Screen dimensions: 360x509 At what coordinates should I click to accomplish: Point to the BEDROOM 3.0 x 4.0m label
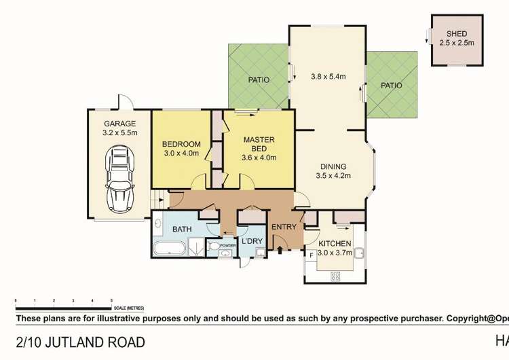point(181,148)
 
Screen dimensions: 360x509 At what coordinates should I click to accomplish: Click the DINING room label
point(333,171)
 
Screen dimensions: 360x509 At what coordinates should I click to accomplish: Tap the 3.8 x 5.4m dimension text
point(328,77)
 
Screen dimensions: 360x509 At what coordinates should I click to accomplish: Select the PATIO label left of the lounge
point(258,80)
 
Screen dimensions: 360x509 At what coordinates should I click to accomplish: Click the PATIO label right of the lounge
point(391,86)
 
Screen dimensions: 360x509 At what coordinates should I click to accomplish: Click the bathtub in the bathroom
point(168,249)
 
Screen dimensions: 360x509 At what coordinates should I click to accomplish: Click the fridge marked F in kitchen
point(312,255)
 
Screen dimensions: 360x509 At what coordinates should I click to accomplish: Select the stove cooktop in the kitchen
point(335,276)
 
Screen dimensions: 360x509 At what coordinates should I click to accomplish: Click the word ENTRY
point(284,228)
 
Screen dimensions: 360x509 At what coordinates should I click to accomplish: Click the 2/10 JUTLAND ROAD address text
point(79,342)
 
